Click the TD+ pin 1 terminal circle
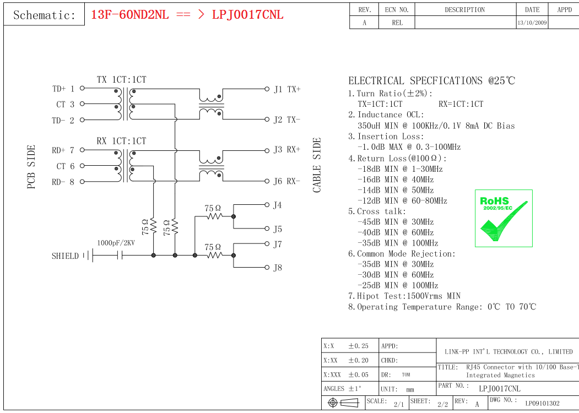82,88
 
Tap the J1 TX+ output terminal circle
267,89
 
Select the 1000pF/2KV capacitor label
116,243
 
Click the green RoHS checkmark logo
504,218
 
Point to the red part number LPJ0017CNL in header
248,15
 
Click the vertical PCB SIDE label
31,167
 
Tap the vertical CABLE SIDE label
317,165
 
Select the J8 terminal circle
267,267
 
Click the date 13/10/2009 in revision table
532,23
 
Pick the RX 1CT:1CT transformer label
122,141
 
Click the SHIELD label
66,256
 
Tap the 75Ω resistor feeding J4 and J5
214,216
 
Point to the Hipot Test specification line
404,296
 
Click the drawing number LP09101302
542,404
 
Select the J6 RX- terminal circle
267,181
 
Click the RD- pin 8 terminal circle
82,182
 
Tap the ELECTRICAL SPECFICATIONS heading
432,80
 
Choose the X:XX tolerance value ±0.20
358,360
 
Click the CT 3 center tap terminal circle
82,104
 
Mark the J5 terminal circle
267,229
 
